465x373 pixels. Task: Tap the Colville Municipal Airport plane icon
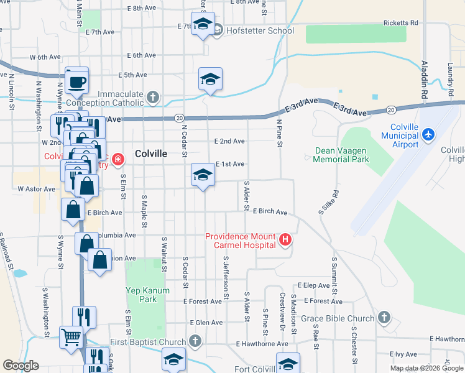[x=428, y=134]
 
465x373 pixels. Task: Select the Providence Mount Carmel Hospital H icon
[x=285, y=239]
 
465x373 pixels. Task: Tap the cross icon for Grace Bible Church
[x=384, y=318]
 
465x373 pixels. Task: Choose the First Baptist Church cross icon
[x=195, y=341]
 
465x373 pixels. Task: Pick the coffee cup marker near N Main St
[x=77, y=81]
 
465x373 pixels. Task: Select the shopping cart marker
[x=71, y=336]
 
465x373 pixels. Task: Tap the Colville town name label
[x=151, y=154]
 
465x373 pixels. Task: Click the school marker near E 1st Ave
[x=202, y=176]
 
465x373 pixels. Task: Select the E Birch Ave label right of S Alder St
[x=270, y=212]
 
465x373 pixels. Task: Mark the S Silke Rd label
[x=328, y=202]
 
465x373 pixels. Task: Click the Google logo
[x=21, y=366]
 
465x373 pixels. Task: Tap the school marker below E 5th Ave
[x=210, y=80]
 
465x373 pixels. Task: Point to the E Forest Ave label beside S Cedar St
[x=203, y=302]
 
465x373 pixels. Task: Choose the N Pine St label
[x=280, y=134]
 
